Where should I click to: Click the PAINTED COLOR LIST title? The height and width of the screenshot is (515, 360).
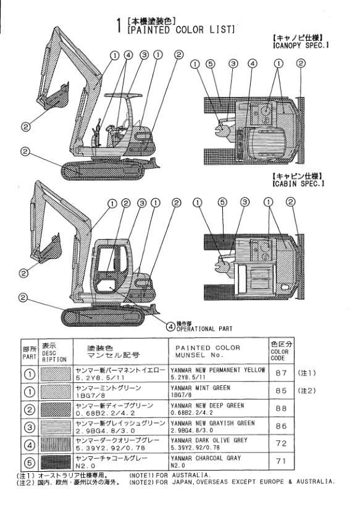pyautogui.click(x=181, y=30)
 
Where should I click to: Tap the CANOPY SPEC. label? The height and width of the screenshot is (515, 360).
pyautogui.click(x=301, y=45)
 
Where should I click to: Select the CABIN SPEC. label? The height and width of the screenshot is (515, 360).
pyautogui.click(x=298, y=183)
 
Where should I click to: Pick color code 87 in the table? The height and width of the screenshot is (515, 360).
pyautogui.click(x=281, y=373)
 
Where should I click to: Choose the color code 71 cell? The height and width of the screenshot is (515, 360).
pyautogui.click(x=281, y=461)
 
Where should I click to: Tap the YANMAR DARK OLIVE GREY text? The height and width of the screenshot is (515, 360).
pyautogui.click(x=209, y=440)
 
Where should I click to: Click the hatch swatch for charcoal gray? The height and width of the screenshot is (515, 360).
pyautogui.click(x=56, y=462)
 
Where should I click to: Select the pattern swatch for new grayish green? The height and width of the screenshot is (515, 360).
pyautogui.click(x=56, y=427)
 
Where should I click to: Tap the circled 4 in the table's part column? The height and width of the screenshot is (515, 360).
pyautogui.click(x=30, y=445)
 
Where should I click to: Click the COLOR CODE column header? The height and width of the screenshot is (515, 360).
pyautogui.click(x=281, y=351)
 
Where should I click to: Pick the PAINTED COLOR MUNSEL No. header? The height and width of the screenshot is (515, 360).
pyautogui.click(x=207, y=351)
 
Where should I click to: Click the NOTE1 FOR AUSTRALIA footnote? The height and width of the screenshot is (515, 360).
pyautogui.click(x=169, y=475)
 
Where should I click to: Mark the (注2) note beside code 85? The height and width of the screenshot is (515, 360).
pyautogui.click(x=306, y=390)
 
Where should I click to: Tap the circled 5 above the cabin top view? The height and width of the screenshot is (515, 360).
pyautogui.click(x=222, y=203)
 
